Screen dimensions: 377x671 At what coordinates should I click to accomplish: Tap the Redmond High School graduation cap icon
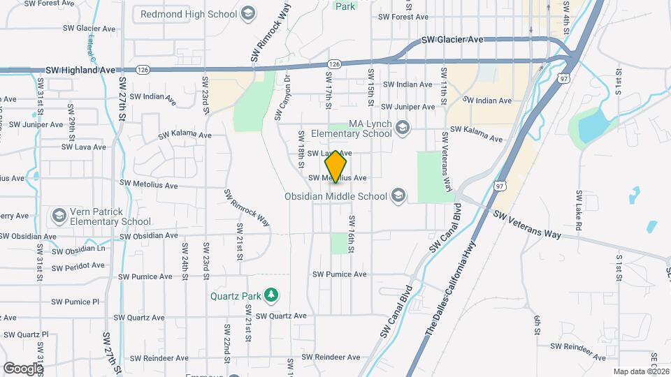coord(247,13)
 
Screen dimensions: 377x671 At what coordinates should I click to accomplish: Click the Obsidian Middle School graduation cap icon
coord(398,195)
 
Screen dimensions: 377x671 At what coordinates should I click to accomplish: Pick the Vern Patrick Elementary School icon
coord(59,214)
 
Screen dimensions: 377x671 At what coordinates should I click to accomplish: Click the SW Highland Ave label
coord(80,71)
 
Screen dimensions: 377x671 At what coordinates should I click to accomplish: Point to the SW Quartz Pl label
coord(24,334)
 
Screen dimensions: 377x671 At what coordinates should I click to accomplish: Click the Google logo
coord(23,368)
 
